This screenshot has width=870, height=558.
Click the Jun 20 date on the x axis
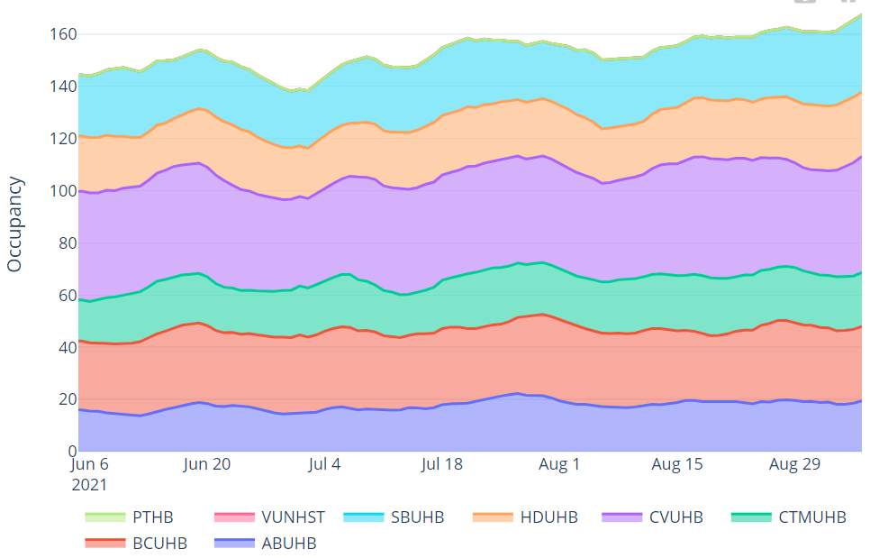(207, 465)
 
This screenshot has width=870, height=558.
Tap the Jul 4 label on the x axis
(324, 465)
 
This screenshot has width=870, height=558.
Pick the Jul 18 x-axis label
(442, 465)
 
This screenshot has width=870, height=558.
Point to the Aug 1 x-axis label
(559, 465)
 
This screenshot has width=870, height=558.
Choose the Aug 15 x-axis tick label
(677, 465)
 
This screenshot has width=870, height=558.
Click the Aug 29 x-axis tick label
(795, 465)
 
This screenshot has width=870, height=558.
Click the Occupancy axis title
(14, 224)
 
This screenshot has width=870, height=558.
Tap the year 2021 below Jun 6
(89, 485)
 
